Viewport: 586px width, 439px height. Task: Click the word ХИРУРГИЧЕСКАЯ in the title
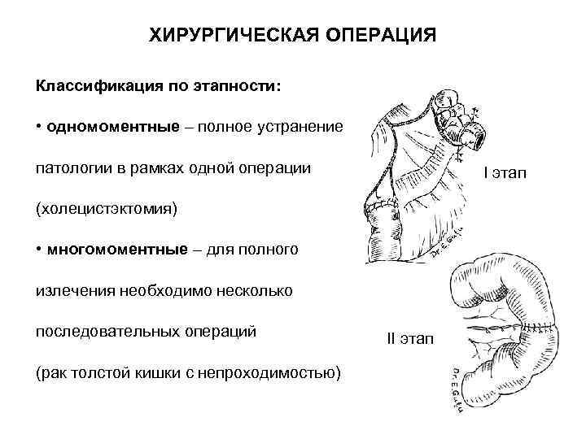[219, 37]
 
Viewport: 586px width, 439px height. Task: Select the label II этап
[409, 337]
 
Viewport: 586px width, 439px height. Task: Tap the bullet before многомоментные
[38, 249]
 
